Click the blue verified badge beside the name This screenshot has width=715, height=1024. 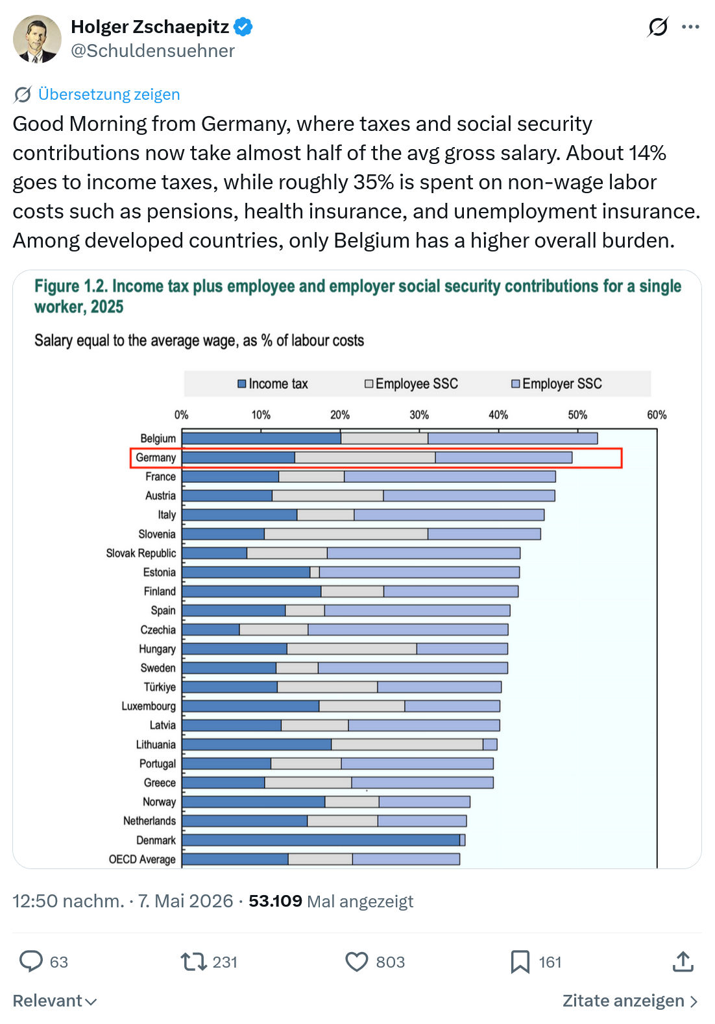[243, 27]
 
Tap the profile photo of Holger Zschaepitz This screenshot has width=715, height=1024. [37, 39]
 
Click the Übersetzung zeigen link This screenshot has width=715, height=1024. [108, 94]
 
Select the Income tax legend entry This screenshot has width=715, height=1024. [273, 384]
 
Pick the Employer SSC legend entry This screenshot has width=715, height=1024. [556, 384]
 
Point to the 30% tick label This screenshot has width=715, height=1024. [419, 415]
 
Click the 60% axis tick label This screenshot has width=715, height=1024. [657, 415]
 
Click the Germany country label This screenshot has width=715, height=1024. [156, 458]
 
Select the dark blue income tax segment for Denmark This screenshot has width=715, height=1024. [321, 840]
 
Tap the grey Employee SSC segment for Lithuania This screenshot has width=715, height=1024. [407, 744]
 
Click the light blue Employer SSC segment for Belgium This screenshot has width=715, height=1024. [513, 438]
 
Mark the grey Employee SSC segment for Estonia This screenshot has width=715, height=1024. [315, 572]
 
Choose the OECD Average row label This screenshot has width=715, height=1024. [142, 859]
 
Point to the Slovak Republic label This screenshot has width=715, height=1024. [141, 553]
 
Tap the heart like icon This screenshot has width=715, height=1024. [356, 961]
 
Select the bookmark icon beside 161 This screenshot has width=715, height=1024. [520, 961]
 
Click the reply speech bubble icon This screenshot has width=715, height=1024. [31, 961]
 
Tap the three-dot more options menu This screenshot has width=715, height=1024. [690, 27]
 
